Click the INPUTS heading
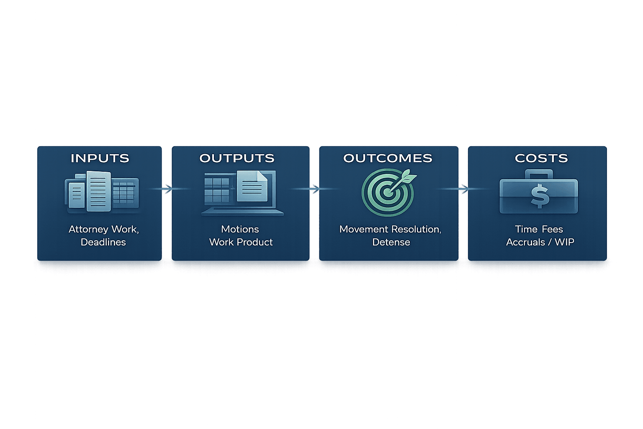pyautogui.click(x=100, y=158)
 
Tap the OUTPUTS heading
pyautogui.click(x=237, y=158)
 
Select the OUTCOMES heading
pyautogui.click(x=388, y=158)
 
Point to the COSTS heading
pyautogui.click(x=541, y=158)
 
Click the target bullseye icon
pyautogui.click(x=388, y=192)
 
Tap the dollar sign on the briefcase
pyautogui.click(x=540, y=196)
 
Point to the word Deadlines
pyautogui.click(x=103, y=242)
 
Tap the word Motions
pyautogui.click(x=240, y=229)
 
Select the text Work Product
pyautogui.click(x=241, y=242)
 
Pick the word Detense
pyautogui.click(x=391, y=242)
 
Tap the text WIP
pyautogui.click(x=564, y=242)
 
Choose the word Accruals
pyautogui.click(x=525, y=242)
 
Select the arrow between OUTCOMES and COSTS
pyautogui.click(x=463, y=189)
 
